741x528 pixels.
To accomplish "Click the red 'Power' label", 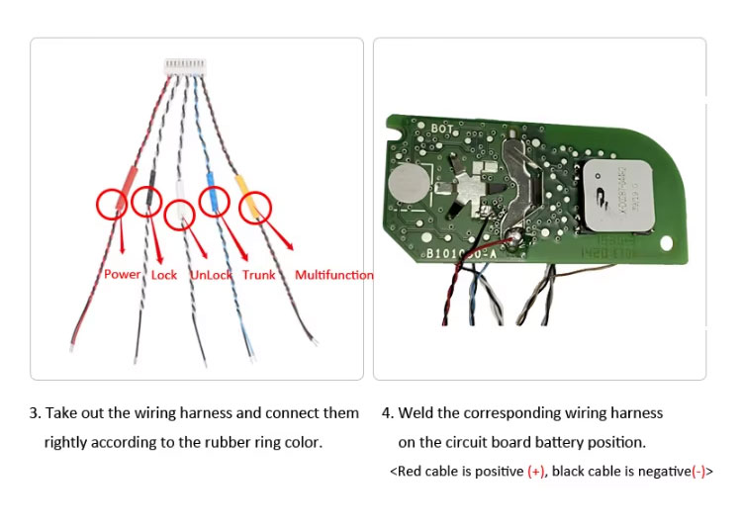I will [x=122, y=274].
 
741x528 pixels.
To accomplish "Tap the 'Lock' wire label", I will [x=164, y=274].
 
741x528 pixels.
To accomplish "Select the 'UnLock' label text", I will [x=211, y=275].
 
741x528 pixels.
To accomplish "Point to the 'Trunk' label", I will [x=258, y=274].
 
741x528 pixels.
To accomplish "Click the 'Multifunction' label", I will [x=334, y=274].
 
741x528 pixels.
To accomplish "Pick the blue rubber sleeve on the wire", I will [x=211, y=188].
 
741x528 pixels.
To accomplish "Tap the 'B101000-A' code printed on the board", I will [x=461, y=254].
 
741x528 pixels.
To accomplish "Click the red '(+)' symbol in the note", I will [x=535, y=472].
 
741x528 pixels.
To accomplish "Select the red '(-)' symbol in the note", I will [x=698, y=472].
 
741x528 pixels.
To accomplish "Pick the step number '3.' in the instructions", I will [x=35, y=412].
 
